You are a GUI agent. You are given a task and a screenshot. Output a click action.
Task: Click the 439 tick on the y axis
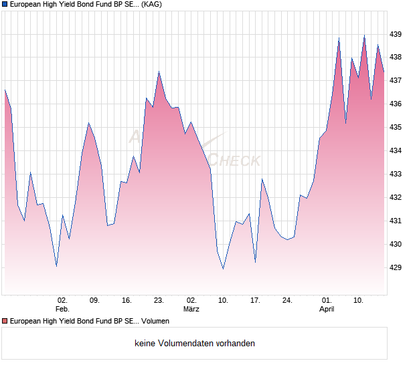(396, 34)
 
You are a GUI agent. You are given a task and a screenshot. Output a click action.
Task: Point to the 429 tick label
(396, 267)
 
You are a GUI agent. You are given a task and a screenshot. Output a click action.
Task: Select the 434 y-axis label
(396, 151)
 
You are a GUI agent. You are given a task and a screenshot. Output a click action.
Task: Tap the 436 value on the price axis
(396, 104)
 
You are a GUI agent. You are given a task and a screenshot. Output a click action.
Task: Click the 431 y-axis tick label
(396, 221)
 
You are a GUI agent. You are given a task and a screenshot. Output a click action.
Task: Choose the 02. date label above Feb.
(62, 301)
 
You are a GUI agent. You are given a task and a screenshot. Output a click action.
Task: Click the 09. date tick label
(94, 301)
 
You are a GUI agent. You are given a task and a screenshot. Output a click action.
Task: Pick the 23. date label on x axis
(159, 301)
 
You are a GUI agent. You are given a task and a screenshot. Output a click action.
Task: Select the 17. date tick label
(255, 301)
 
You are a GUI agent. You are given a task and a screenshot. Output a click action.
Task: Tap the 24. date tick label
(287, 301)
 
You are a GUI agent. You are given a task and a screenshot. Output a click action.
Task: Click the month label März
(191, 309)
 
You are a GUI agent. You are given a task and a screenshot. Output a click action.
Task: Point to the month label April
(327, 309)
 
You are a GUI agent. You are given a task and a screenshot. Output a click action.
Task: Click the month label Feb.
(62, 309)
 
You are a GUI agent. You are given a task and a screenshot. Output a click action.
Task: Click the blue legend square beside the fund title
(5, 4)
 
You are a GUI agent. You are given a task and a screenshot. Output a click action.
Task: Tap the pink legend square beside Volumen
(5, 322)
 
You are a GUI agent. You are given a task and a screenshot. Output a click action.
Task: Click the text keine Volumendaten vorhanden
(195, 344)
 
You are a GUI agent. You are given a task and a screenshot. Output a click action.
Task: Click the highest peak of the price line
(364, 35)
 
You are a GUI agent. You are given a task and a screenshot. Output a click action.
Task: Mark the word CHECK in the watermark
(235, 160)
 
